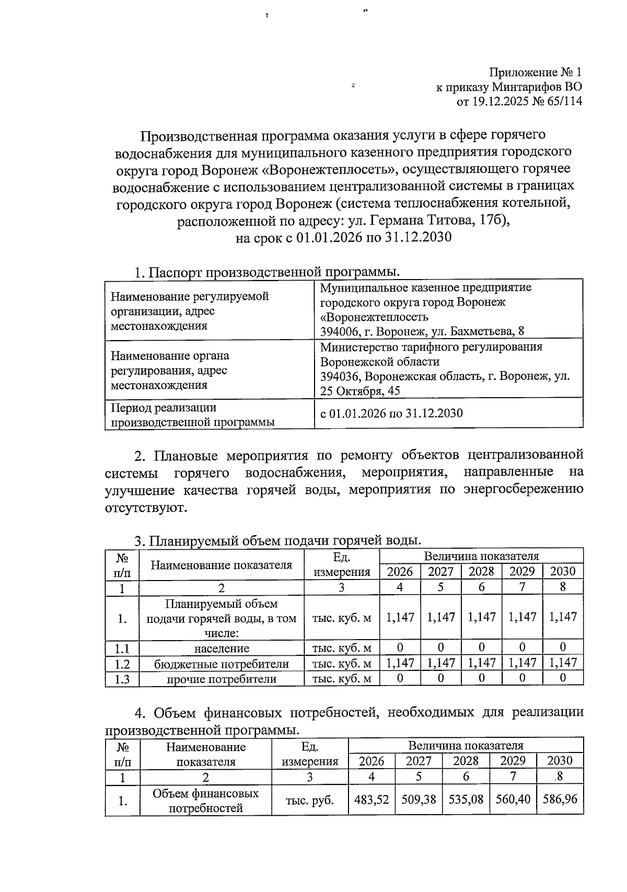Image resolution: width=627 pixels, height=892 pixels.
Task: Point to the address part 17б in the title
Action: tap(492, 221)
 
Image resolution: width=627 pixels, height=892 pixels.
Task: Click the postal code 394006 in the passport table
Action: tap(339, 331)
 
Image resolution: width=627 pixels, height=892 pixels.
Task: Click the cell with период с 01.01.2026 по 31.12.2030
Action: tap(391, 413)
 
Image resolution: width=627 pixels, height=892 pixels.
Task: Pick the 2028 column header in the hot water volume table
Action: tap(481, 571)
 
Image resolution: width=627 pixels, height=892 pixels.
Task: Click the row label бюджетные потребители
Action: tap(222, 664)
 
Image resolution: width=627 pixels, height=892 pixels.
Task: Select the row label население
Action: tap(222, 648)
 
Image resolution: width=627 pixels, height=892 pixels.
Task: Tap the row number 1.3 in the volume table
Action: tap(122, 679)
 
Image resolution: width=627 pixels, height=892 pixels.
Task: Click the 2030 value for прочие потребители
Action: tap(563, 678)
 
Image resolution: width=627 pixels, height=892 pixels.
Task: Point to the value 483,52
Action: tap(371, 800)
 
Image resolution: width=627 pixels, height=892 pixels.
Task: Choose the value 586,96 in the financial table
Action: tap(560, 800)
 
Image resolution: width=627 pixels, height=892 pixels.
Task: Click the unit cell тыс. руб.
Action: tap(310, 800)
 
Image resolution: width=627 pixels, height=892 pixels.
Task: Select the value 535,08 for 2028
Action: tap(466, 800)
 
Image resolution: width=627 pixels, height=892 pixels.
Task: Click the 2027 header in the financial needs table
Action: tap(419, 761)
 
